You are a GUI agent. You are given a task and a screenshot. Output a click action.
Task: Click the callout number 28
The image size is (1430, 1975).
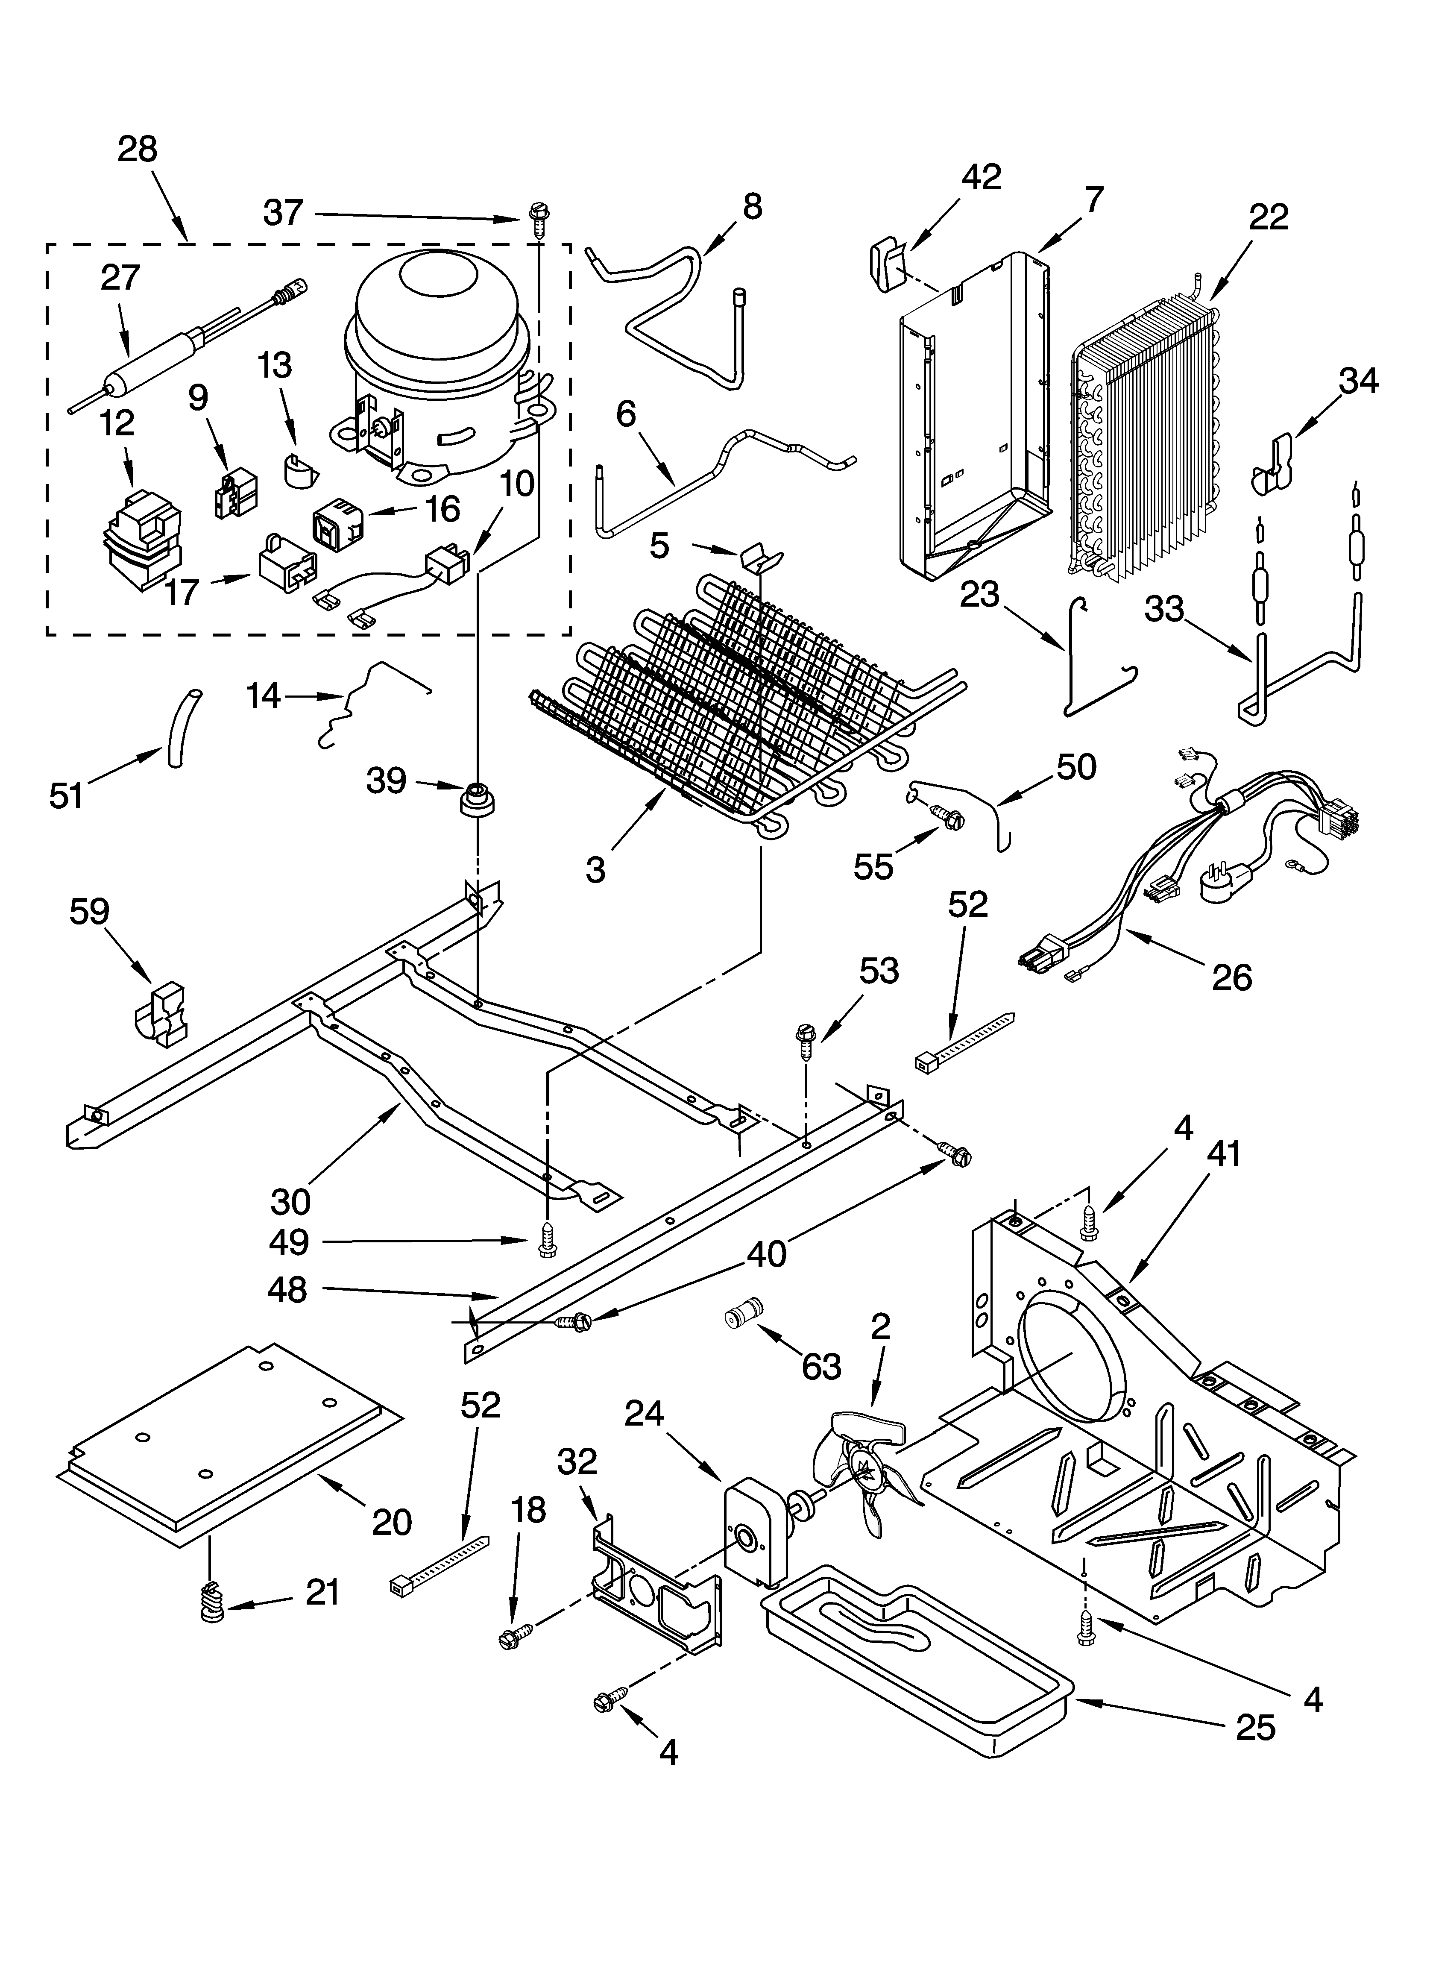click(138, 150)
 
